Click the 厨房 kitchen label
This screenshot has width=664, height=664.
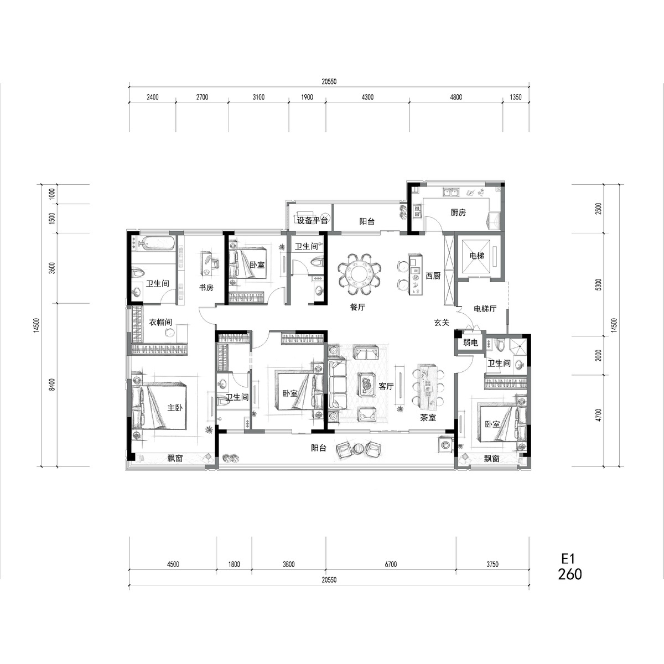click(x=458, y=212)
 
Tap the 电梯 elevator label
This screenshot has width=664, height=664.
click(x=477, y=256)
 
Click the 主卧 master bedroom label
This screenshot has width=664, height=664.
click(x=175, y=408)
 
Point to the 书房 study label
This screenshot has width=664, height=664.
click(x=206, y=287)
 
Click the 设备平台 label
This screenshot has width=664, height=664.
click(x=312, y=221)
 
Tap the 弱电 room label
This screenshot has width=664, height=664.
click(x=470, y=343)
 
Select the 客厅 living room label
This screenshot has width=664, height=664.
click(x=386, y=386)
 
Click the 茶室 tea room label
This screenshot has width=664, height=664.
click(x=428, y=418)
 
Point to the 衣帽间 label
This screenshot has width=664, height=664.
click(x=160, y=322)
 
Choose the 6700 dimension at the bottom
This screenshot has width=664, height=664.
click(x=391, y=564)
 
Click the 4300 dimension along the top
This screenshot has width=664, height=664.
click(x=367, y=97)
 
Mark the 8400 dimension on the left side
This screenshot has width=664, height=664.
click(x=52, y=385)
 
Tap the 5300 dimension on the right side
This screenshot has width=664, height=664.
click(x=599, y=284)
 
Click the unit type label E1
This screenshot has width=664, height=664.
click(x=568, y=558)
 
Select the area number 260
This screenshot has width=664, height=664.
click(x=570, y=574)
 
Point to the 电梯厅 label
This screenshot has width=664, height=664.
click(x=485, y=308)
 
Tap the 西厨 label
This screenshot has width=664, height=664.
click(x=433, y=276)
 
